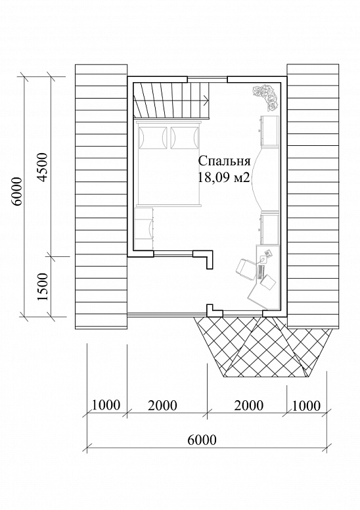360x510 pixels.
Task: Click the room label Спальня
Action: click(x=225, y=162)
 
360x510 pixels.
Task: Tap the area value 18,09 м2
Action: click(x=224, y=177)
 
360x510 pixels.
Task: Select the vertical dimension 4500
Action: click(x=43, y=167)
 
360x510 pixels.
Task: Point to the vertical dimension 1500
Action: click(x=43, y=287)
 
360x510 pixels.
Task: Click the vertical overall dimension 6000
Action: click(x=16, y=191)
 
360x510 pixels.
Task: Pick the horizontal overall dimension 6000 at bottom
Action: click(x=202, y=440)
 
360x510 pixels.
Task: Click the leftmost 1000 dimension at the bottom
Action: click(x=106, y=406)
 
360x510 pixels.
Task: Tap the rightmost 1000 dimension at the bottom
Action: click(x=306, y=406)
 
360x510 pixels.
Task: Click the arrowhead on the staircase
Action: click(x=206, y=100)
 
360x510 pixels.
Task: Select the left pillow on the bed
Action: click(x=153, y=137)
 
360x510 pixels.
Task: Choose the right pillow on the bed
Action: click(x=184, y=137)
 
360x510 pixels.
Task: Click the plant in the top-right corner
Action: click(x=265, y=97)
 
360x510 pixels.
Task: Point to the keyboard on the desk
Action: click(x=261, y=272)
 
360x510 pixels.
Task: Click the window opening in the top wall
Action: click(x=207, y=79)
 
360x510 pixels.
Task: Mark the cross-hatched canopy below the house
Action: click(x=263, y=347)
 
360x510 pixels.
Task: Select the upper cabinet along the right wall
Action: click(x=269, y=131)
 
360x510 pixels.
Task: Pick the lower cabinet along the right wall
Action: click(x=269, y=228)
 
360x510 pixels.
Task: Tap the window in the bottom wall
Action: click(x=242, y=313)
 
